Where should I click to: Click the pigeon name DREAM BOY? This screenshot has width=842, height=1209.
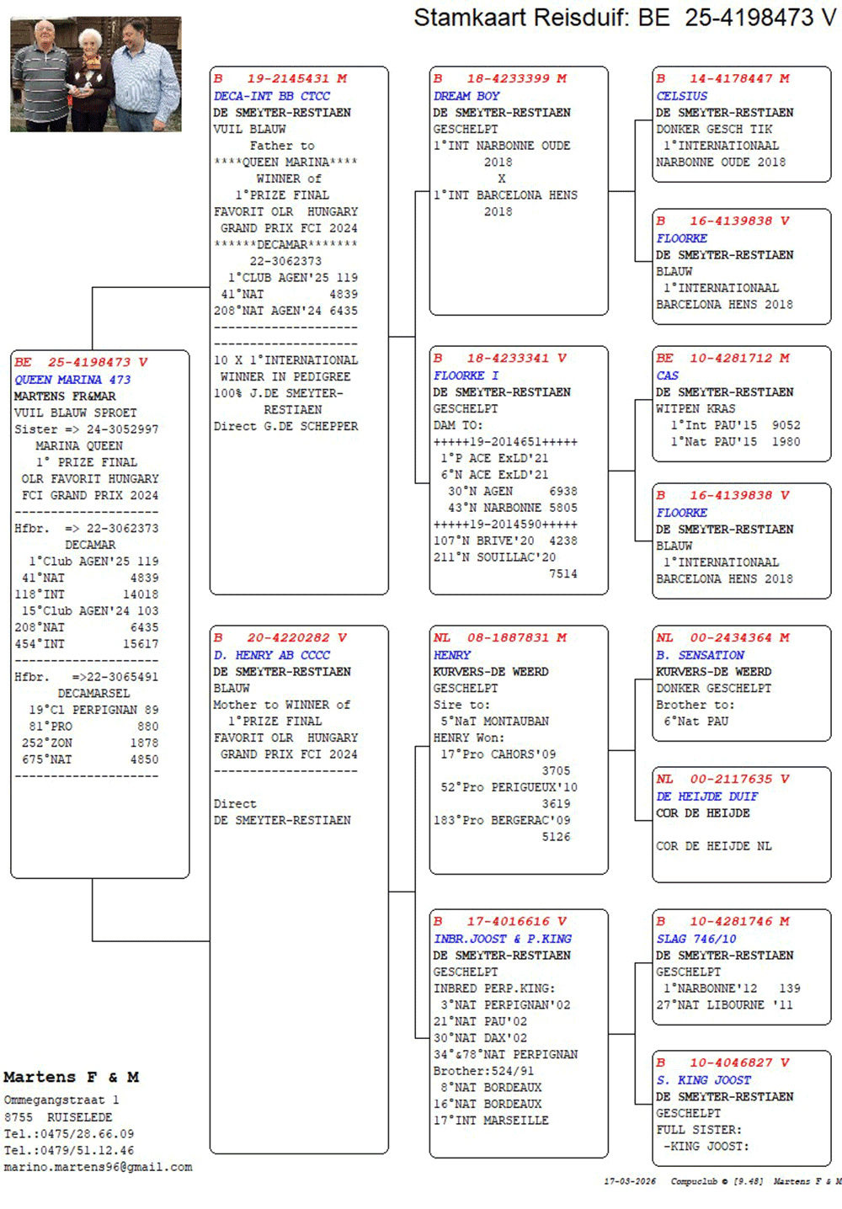[466, 96]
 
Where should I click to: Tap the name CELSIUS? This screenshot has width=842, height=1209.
[682, 96]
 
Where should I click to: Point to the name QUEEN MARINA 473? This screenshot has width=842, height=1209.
[72, 380]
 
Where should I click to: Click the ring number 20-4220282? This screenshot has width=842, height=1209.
[288, 638]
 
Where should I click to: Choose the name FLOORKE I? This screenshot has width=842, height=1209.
[466, 375]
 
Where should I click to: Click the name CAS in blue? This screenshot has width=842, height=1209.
[667, 375]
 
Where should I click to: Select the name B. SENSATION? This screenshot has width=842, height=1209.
[700, 655]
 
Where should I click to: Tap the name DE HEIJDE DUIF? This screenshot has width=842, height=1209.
[707, 796]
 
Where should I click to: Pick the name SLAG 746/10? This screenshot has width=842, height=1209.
[696, 939]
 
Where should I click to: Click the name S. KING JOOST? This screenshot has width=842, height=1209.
[703, 1080]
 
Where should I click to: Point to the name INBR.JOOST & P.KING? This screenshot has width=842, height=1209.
[503, 939]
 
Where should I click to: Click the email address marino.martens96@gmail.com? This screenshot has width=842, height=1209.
[98, 1168]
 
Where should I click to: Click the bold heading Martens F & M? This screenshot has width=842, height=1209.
[72, 1078]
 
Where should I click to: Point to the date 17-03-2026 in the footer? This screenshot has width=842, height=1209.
[630, 1181]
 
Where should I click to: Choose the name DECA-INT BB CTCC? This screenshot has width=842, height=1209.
[271, 96]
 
